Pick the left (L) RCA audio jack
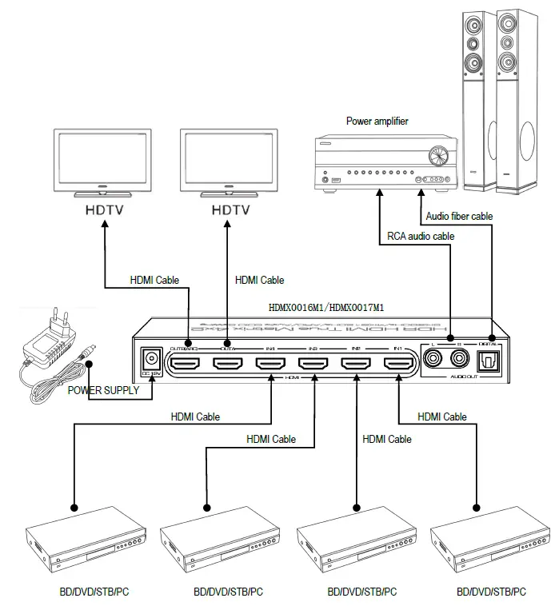click(434, 360)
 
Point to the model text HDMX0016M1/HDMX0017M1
click(327, 306)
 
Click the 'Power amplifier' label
click(377, 122)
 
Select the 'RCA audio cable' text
click(421, 236)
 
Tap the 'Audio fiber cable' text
click(459, 216)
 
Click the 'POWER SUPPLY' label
click(103, 391)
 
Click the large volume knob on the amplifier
click(436, 155)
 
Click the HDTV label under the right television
click(230, 210)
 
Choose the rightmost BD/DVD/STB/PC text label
click(491, 592)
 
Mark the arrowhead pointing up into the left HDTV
click(103, 225)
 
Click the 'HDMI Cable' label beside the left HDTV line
click(154, 281)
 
